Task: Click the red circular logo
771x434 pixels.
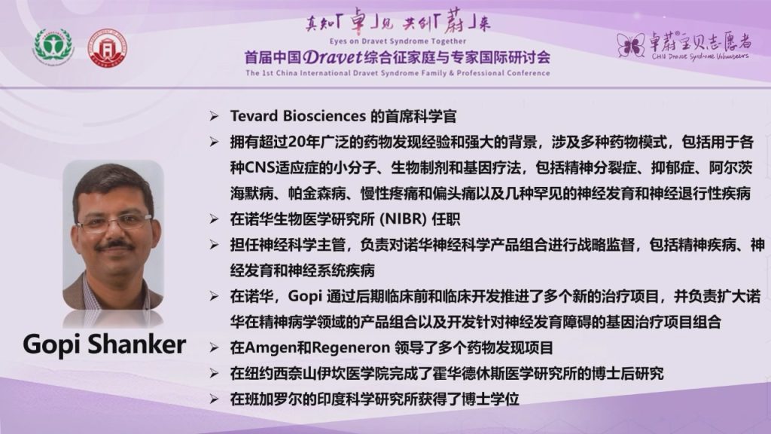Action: tap(107, 48)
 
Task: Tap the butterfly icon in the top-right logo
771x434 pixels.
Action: tap(631, 45)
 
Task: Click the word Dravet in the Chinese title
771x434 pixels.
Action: tap(333, 57)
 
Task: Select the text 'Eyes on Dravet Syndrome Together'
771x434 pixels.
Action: tap(398, 41)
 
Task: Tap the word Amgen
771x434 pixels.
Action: tap(271, 348)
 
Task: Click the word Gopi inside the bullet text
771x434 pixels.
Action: tap(305, 296)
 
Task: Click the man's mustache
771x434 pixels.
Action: tap(114, 244)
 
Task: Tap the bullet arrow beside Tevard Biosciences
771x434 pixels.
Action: tap(214, 116)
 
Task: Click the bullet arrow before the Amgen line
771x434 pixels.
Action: tap(214, 348)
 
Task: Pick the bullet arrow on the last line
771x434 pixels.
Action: tap(214, 399)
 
